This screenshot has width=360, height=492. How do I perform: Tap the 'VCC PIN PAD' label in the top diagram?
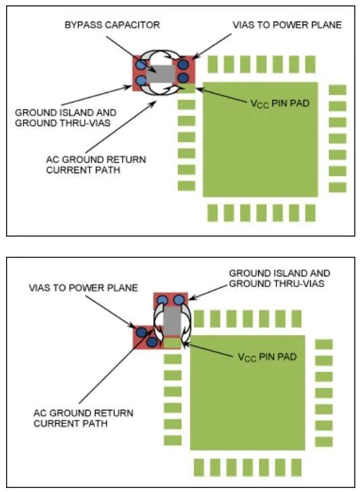279,104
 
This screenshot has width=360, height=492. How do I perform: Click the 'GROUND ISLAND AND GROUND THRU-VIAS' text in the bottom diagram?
279,278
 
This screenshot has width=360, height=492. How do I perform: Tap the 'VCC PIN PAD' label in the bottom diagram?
267,355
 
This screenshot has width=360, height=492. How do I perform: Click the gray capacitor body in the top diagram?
162,73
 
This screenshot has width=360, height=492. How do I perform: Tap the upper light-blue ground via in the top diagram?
141,65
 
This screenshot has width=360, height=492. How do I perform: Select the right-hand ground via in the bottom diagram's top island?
179,299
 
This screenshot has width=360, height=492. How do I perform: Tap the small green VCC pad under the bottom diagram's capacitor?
173,343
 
